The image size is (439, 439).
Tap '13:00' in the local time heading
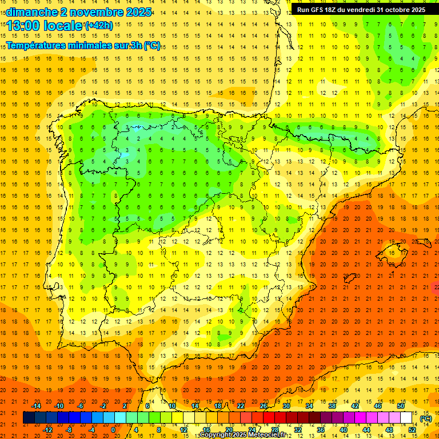coord(23,26)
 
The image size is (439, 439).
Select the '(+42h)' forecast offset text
coord(99,25)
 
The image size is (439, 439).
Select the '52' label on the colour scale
coord(412,430)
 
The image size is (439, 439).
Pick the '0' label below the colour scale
coord(113,430)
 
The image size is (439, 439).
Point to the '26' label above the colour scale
coord(263,406)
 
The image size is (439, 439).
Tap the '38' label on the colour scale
coord(332,406)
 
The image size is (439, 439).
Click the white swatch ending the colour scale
coord(406,418)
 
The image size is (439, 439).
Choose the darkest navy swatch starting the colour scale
coord(29,418)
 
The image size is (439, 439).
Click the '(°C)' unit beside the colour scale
coord(426,418)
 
